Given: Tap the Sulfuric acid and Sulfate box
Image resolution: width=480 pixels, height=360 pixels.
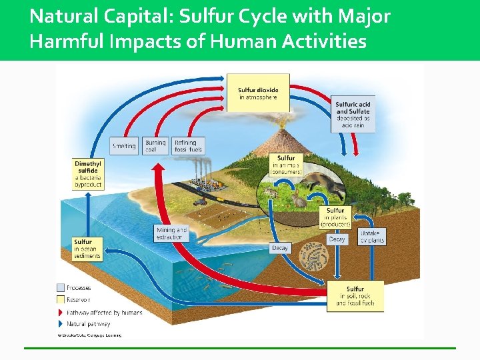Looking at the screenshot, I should (353, 114).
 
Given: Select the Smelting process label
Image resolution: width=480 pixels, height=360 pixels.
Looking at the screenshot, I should (124, 146).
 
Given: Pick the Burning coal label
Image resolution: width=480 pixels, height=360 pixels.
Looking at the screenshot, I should (155, 146).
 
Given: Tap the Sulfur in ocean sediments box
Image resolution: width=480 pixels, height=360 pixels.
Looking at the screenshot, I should (87, 249).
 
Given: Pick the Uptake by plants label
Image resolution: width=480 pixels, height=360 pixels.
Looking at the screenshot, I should (372, 237).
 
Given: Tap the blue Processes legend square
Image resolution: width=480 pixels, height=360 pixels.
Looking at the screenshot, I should (61, 288).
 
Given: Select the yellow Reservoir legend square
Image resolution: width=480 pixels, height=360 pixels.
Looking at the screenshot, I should (61, 299).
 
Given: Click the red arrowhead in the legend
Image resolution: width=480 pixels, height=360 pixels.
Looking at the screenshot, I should (61, 312).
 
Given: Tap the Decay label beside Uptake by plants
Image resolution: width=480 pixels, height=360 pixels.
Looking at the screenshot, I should (337, 239).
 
